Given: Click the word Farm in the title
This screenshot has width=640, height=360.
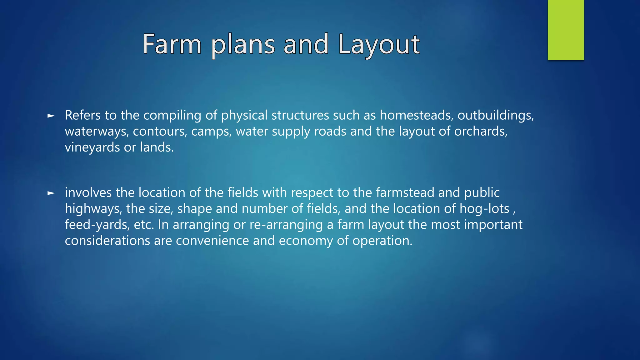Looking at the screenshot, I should coord(172,44).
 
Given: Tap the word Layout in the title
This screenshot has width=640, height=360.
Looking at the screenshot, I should coord(379,44).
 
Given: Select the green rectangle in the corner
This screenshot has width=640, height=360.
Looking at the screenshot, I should coord(566,30).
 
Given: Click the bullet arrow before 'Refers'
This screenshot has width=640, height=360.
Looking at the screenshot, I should coord(51,116).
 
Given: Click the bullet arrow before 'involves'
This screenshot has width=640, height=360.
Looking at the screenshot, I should coord(51,193).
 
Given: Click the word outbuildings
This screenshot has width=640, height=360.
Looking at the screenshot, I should coord(496,115).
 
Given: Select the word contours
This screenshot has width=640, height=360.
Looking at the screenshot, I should coord(160,131).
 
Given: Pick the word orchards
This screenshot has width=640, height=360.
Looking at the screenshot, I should coord(480,131).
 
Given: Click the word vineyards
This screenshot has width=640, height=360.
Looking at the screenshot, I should coord(92,147).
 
